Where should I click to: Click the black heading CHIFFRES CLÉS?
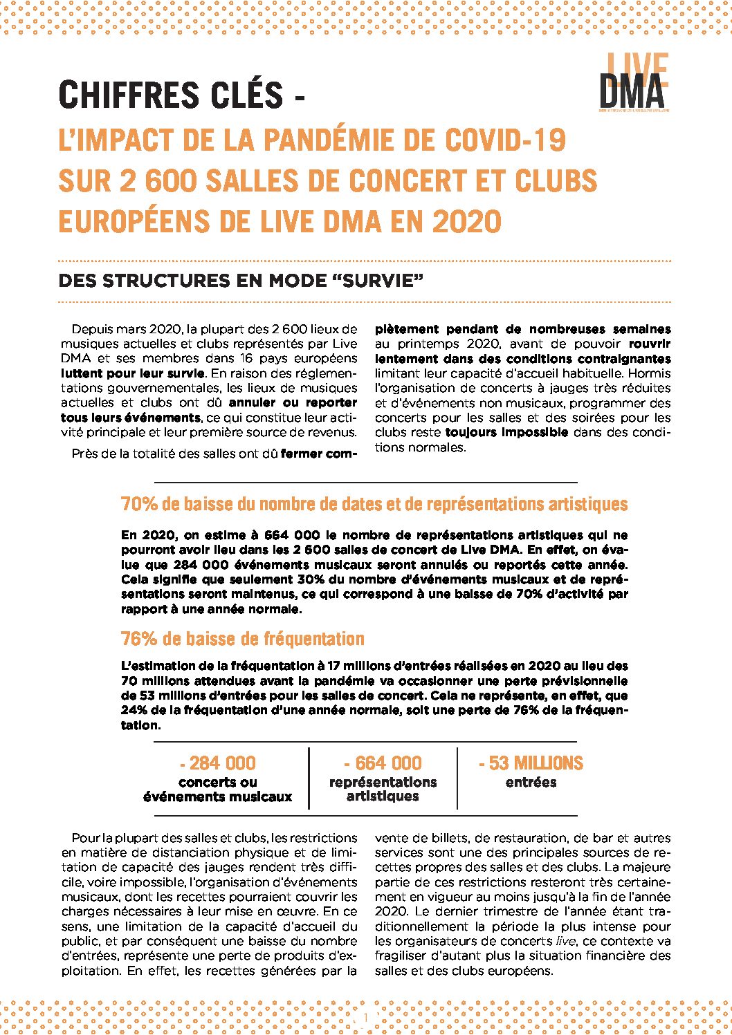tap(171, 95)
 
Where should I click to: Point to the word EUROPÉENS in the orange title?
tap(132, 221)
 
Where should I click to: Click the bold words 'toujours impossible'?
tap(506, 433)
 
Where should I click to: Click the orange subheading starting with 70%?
tap(374, 504)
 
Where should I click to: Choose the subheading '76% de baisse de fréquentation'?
tap(242, 639)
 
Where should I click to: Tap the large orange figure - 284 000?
tap(218, 763)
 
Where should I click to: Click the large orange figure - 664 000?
tap(383, 763)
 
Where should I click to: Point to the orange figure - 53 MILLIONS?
tap(531, 763)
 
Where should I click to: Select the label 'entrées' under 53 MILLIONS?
tap(531, 783)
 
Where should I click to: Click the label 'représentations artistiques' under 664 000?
tap(383, 790)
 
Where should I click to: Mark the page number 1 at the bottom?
tap(365, 1017)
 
